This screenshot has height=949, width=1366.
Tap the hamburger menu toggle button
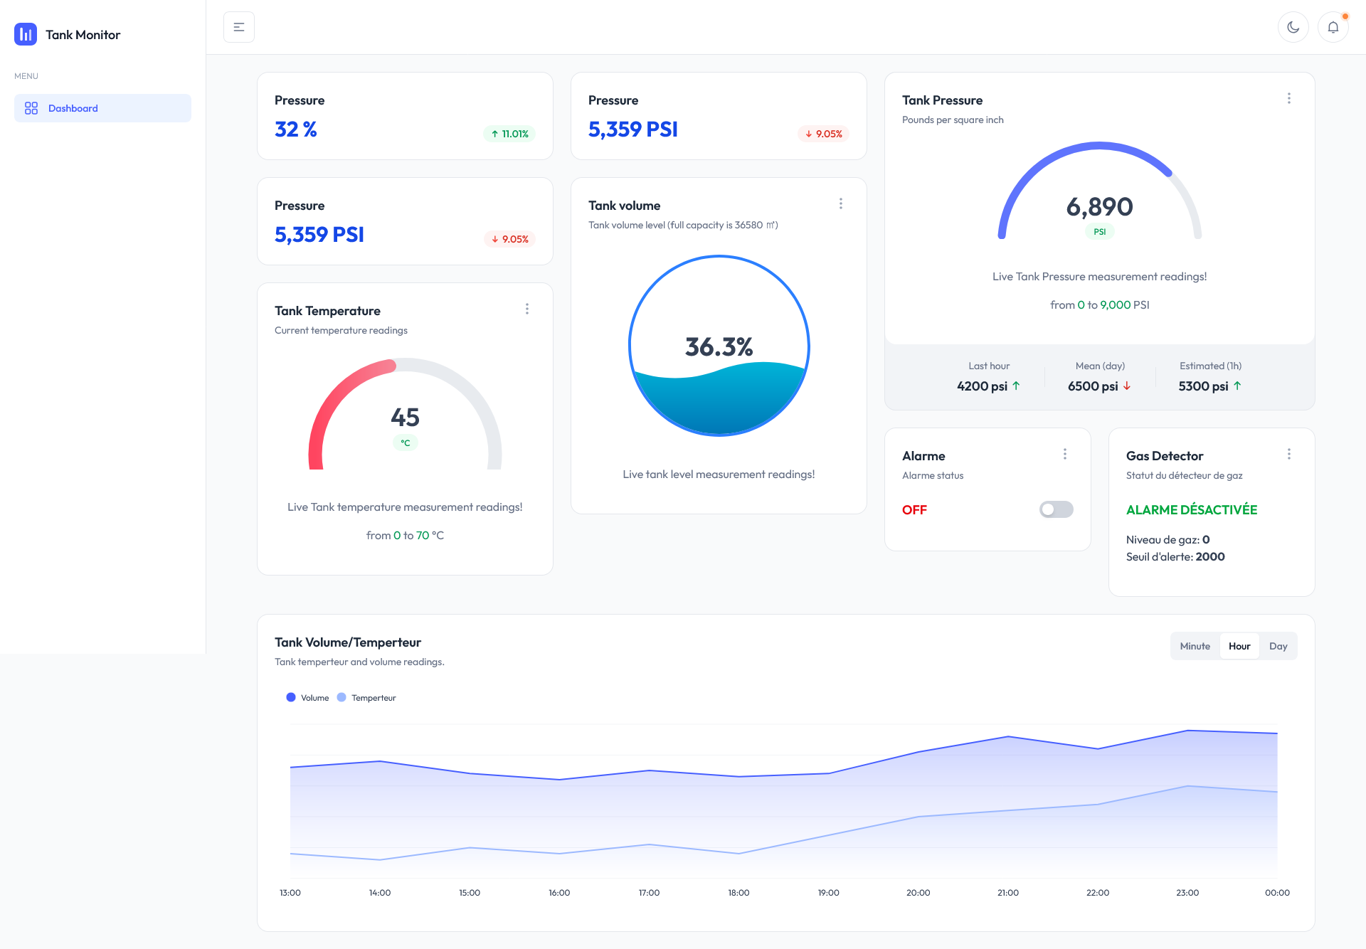(239, 27)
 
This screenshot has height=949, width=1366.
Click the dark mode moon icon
(1293, 27)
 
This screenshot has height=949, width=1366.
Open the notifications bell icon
(1333, 27)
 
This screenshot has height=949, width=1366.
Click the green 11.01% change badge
(510, 134)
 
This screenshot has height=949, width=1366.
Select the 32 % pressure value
(296, 129)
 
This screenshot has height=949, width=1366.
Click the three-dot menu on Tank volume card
(840, 203)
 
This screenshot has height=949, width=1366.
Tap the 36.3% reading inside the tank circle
(719, 347)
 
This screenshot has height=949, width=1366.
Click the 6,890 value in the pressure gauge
(1099, 207)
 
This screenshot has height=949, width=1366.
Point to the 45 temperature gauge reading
(405, 417)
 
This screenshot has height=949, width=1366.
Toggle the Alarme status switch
(1056, 509)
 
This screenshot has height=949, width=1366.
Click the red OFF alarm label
(914, 510)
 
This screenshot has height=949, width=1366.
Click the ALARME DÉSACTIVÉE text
(1191, 510)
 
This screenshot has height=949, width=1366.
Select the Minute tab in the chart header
(1195, 646)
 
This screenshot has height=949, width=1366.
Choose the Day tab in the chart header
(1278, 646)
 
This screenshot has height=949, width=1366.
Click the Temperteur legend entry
(367, 698)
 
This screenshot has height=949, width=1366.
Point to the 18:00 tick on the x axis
(738, 893)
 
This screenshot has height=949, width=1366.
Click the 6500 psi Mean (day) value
(1093, 386)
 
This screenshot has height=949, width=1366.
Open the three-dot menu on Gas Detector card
(1288, 454)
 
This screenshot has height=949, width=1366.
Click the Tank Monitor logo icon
(26, 34)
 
